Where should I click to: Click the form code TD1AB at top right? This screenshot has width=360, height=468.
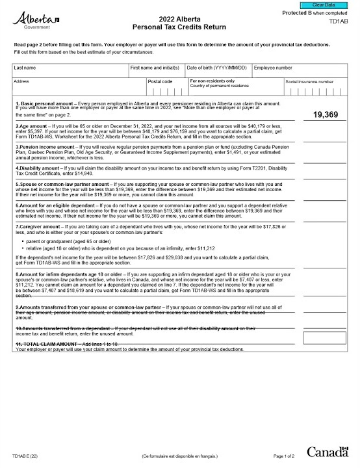point(338,21)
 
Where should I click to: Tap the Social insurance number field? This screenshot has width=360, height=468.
point(315,91)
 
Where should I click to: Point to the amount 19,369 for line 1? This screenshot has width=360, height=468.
point(325,114)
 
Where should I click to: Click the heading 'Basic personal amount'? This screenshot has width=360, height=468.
point(44,104)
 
